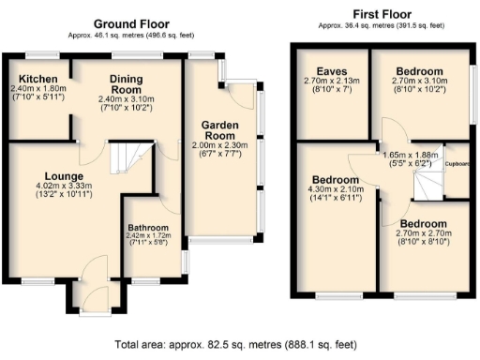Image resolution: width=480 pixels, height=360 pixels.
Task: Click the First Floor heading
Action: coord(382,14)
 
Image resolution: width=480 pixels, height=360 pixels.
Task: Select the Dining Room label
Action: coord(125,84)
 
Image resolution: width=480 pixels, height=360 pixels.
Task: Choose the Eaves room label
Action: coord(331,71)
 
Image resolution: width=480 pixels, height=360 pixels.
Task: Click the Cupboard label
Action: coord(457,162)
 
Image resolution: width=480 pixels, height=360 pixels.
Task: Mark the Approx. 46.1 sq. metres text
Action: coord(129,36)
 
